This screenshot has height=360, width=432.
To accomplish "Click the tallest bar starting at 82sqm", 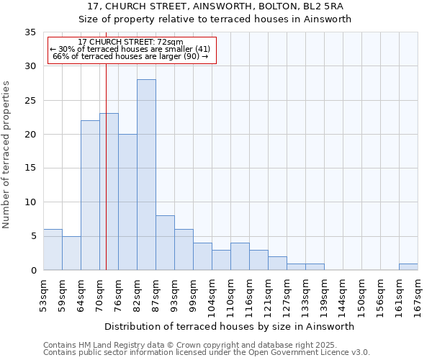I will tap(146, 175).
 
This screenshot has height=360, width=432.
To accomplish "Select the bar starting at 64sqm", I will tap(90, 195).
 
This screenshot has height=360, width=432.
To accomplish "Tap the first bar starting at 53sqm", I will tap(53, 250).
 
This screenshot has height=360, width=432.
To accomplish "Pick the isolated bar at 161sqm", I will tap(408, 267).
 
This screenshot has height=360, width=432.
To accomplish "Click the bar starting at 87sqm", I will tap(165, 243).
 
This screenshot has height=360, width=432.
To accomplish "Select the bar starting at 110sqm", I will tap(240, 257).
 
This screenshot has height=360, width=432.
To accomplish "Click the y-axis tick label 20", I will tap(30, 135).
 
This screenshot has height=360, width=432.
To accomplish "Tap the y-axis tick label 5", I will tap(33, 236).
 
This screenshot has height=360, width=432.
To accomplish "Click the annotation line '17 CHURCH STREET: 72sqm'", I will tap(130, 42).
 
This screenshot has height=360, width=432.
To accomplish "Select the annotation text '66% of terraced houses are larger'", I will tap(130, 56).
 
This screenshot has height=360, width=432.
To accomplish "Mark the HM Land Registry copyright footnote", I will tap(205, 345).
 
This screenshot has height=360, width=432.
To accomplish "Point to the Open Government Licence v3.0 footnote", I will tap(207, 353).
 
